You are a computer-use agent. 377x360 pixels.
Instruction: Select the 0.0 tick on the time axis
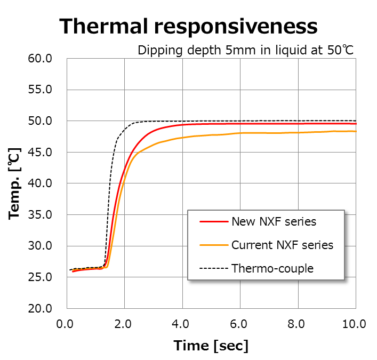66,324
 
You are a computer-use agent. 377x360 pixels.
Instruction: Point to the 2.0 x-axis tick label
124,324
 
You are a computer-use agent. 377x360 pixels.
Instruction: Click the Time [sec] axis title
211,346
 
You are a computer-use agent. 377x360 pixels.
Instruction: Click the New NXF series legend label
274,221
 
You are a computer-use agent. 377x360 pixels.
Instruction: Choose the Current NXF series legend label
282,245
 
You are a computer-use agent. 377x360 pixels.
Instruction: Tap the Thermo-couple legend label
272,268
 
